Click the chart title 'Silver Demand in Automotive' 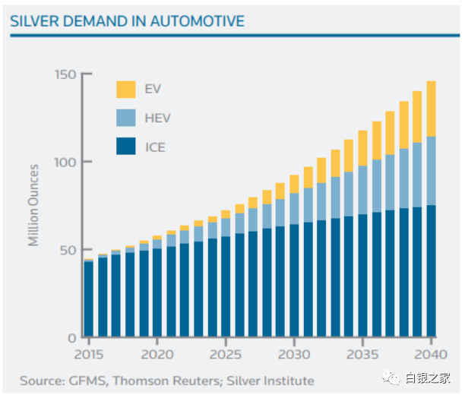(127, 21)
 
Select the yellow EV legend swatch (125, 90)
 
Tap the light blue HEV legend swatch (125, 118)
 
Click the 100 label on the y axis (65, 162)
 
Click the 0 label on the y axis (72, 337)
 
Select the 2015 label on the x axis (89, 355)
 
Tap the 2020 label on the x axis (157, 355)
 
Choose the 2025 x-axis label (226, 355)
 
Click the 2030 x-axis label (294, 355)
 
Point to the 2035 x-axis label (362, 355)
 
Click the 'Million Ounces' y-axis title (33, 204)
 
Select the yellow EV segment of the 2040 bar (431, 109)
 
